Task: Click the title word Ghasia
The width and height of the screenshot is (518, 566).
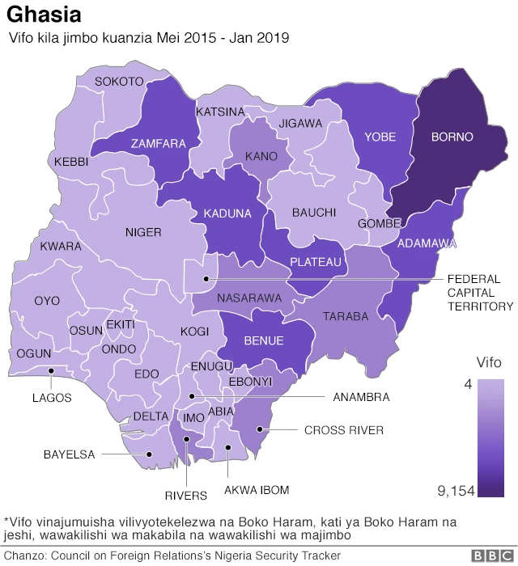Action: coord(44,15)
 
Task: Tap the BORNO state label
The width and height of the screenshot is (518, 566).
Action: coord(452,137)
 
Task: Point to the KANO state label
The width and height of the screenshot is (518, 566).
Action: coord(261,156)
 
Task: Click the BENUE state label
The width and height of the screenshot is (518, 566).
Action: coord(263,340)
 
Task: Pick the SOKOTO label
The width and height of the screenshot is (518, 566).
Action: coord(119,81)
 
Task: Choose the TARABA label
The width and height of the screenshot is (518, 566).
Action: coord(346,316)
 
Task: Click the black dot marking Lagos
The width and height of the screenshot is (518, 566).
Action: coord(51,371)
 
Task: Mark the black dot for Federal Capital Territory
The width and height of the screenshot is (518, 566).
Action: coord(207,279)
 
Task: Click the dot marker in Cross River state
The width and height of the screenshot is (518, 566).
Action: coord(258,429)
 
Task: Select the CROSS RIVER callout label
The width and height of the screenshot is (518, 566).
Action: coord(343,430)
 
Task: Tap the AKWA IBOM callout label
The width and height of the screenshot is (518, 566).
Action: coord(256,490)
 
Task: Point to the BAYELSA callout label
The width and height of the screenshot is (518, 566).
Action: coord(69,454)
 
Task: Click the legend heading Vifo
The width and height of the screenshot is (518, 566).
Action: coord(488,363)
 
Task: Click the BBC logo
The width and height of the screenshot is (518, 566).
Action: coord(489,555)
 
